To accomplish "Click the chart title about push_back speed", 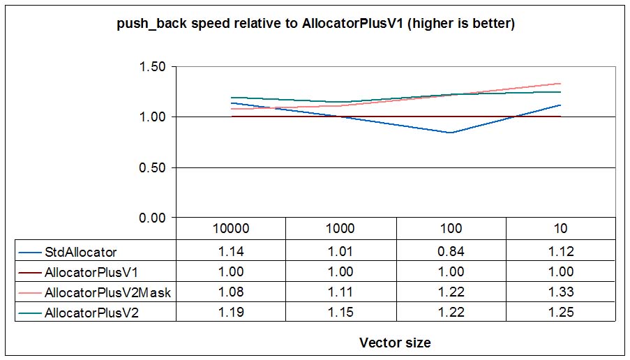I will (315, 24).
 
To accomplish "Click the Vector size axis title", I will (395, 343).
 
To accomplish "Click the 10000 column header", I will (231, 229).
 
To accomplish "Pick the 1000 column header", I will (340, 229).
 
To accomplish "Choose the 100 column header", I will (451, 229).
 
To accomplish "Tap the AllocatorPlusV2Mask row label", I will (107, 292).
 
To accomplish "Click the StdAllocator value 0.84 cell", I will (451, 251).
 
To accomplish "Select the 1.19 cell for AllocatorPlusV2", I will (231, 313).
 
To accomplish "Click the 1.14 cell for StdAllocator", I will (231, 251).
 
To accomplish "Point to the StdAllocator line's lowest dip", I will (451, 133).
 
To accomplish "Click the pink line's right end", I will (560, 84).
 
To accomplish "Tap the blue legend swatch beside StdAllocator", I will (31, 252).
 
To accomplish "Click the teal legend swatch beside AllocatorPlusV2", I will (31, 313).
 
